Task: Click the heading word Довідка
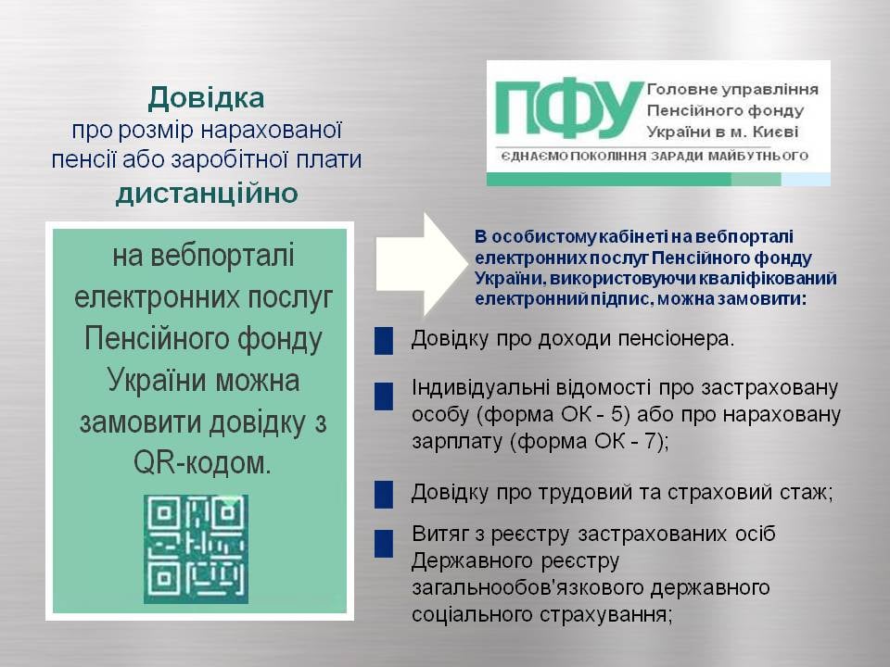pyautogui.click(x=206, y=98)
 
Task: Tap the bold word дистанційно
pyautogui.click(x=207, y=194)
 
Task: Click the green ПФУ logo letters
pyautogui.click(x=569, y=108)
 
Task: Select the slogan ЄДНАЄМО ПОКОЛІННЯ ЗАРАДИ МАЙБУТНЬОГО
pyautogui.click(x=655, y=156)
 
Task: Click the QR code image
pyautogui.click(x=196, y=548)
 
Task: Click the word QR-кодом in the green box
pyautogui.click(x=202, y=463)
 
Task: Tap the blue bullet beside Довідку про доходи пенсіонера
pyautogui.click(x=384, y=341)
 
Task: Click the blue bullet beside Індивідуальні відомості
pyautogui.click(x=384, y=396)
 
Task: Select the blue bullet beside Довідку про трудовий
pyautogui.click(x=384, y=494)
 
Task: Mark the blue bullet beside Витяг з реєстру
pyautogui.click(x=384, y=544)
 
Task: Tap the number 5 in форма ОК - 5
pyautogui.click(x=617, y=414)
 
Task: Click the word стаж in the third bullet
pyautogui.click(x=807, y=492)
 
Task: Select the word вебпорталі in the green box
pyautogui.click(x=203, y=256)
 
